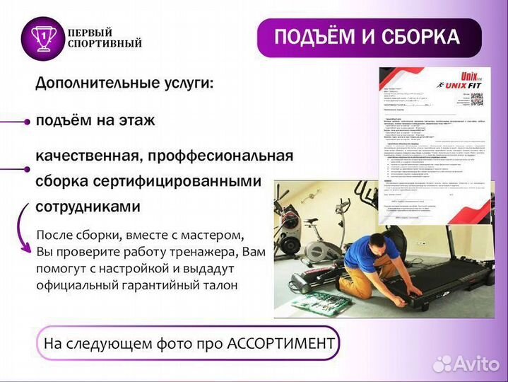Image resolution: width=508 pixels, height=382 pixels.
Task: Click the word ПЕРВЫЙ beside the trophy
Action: (89, 33)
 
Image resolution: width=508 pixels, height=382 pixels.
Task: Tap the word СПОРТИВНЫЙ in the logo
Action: (105, 44)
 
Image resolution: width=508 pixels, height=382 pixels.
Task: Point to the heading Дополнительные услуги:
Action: (124, 83)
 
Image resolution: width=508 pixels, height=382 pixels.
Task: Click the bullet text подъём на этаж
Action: (95, 121)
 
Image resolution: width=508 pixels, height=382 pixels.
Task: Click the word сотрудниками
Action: (88, 207)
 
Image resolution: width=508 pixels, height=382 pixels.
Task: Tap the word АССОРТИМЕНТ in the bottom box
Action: (280, 344)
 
